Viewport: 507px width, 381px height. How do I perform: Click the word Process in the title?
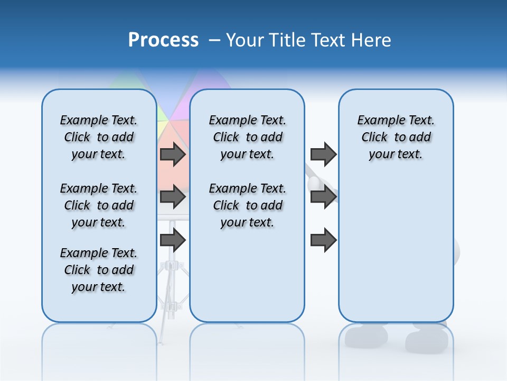(163, 40)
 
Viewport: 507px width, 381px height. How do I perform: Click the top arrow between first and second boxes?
(173, 154)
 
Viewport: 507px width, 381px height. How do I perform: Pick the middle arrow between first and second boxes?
(173, 197)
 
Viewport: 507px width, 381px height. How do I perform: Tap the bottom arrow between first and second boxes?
(173, 240)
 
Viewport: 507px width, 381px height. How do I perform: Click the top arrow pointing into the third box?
(323, 154)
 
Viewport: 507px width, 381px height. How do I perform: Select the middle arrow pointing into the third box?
(323, 197)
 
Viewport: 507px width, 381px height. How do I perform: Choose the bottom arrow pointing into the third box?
(323, 240)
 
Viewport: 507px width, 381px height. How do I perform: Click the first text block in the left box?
(99, 137)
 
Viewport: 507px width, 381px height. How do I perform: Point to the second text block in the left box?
(99, 205)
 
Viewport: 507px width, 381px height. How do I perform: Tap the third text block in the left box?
(99, 270)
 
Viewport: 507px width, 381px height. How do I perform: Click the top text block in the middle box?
(247, 137)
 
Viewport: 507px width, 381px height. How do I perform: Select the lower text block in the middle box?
(247, 205)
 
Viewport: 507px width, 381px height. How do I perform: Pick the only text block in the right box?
(396, 137)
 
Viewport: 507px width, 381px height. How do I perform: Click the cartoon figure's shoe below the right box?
(425, 339)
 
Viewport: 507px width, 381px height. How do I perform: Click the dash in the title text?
(214, 40)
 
